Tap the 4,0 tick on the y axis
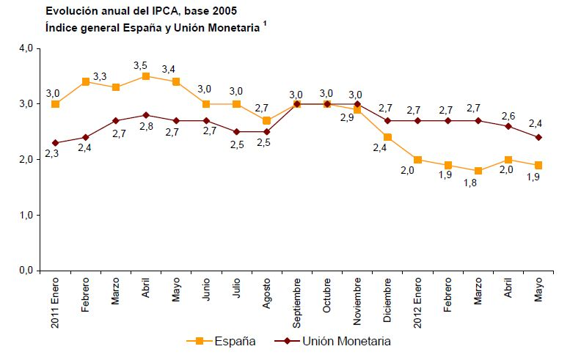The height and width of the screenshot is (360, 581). pos(25,48)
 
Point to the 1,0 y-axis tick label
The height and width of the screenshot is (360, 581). pos(25,216)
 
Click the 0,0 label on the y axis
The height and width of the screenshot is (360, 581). pos(25,271)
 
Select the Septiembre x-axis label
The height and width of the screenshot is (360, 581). pos(296,301)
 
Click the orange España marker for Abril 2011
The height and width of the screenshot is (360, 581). pos(146,76)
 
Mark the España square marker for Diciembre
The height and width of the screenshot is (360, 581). pos(387,137)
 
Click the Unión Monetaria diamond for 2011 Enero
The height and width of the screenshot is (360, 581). pos(55,143)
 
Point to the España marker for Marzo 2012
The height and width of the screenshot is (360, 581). pos(478,171)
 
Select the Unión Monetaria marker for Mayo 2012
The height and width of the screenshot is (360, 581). pos(538,137)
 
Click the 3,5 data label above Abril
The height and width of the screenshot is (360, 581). pos(141,65)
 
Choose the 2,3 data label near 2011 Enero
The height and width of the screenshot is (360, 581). pos(51,155)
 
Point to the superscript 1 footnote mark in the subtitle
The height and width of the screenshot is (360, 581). pos(265,24)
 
